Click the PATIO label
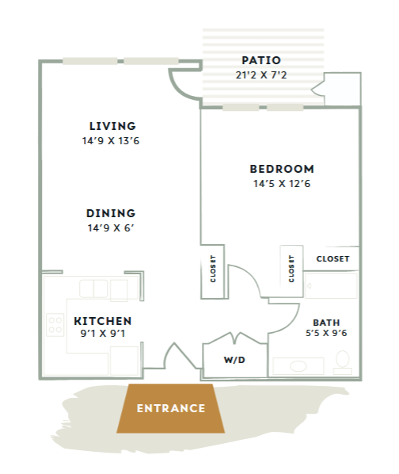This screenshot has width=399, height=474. click(261, 60)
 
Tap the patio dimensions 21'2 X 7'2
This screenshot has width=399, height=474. click(261, 75)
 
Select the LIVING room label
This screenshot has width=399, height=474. click(112, 126)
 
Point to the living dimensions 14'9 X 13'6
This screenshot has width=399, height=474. click(111, 140)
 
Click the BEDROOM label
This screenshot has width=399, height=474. click(282, 169)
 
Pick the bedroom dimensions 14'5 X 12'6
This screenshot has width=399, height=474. click(282, 183)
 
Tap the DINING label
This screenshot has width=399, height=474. click(111, 213)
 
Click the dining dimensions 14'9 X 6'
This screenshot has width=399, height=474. click(111, 227)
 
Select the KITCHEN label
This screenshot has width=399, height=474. click(103, 321)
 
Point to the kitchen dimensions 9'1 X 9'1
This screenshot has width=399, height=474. click(103, 333)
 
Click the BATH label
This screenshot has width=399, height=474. click(326, 323)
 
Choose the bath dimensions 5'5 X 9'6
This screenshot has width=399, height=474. click(326, 333)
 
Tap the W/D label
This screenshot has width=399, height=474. click(234, 360)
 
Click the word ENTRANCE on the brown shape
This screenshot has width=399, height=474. click(171, 408)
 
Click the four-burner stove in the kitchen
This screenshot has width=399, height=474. click(55, 325)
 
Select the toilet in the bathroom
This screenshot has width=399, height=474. click(343, 362)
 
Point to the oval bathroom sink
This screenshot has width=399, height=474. click(298, 366)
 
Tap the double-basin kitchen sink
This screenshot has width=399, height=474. click(93, 289)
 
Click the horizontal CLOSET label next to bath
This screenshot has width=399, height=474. click(332, 258)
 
